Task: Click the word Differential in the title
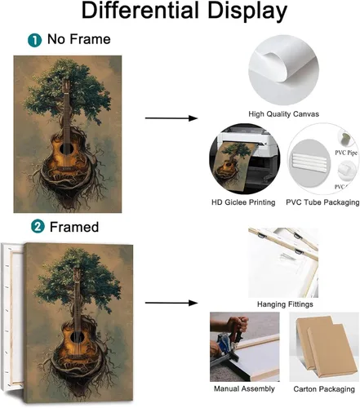click(140, 11)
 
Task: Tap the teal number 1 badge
click(34, 40)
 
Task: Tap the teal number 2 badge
click(38, 227)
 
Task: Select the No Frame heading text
click(79, 39)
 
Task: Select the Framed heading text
click(74, 227)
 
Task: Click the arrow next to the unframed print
click(171, 118)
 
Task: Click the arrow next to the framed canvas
click(171, 303)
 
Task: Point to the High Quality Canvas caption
click(283, 114)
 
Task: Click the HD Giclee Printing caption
click(243, 202)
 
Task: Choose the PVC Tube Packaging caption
click(322, 202)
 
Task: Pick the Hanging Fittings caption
click(285, 304)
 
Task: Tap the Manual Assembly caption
click(244, 388)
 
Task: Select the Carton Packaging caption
click(324, 389)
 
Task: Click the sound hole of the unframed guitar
click(67, 149)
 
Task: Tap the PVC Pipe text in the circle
click(346, 153)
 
